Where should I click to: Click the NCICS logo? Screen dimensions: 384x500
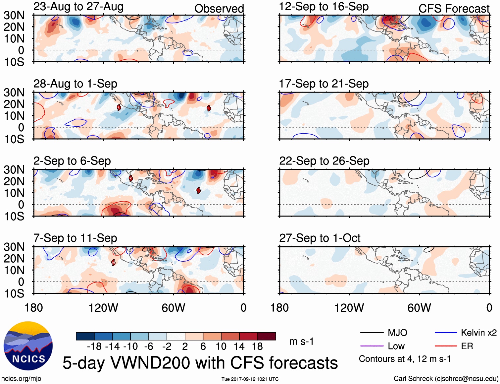28,346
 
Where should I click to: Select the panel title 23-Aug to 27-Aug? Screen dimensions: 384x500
78,7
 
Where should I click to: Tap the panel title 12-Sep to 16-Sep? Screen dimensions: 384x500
324,7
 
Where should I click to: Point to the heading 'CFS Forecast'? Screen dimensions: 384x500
454,9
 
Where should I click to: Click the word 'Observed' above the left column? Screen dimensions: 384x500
219,9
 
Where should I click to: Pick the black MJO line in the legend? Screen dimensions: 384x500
372,333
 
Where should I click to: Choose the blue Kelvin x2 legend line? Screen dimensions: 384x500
446,333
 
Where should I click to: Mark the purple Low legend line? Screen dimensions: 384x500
372,346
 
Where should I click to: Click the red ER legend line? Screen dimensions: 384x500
446,346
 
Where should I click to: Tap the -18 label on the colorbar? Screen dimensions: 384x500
94,347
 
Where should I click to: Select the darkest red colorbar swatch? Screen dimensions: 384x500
267,336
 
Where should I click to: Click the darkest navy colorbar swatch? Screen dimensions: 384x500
85,336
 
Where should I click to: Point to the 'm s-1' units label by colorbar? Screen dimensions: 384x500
301,341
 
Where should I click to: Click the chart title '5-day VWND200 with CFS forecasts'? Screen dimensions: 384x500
200,363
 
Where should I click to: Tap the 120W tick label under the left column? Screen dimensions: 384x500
103,308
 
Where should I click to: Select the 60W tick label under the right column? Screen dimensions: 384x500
419,308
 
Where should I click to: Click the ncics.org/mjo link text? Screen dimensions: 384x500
21,379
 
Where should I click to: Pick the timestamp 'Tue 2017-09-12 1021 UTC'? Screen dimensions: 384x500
250,379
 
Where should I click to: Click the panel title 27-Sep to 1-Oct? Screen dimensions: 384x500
320,238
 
